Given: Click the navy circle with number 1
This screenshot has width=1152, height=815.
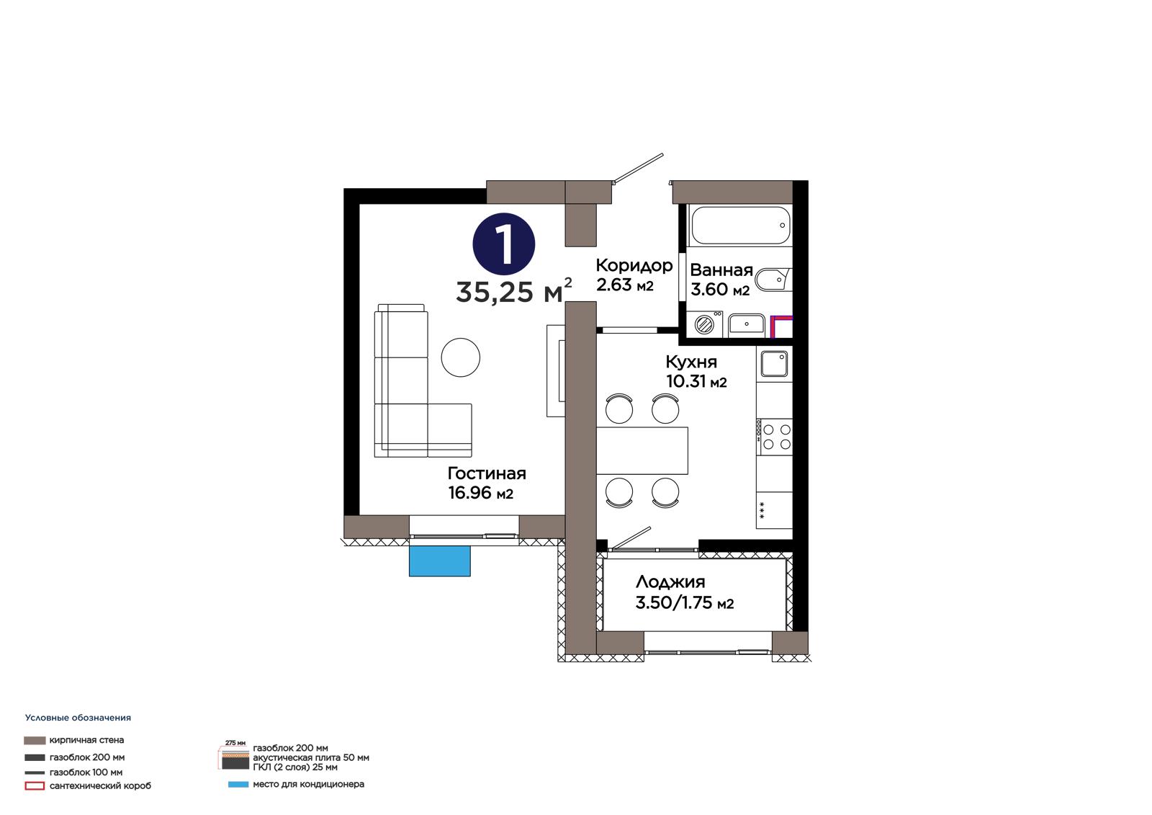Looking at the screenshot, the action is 503,244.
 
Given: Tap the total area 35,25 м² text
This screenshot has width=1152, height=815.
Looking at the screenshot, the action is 513,291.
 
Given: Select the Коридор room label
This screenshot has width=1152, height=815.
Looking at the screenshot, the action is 634,265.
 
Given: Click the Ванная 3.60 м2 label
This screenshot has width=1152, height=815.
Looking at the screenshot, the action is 721,280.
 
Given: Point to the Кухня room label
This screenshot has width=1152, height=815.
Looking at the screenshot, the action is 691,362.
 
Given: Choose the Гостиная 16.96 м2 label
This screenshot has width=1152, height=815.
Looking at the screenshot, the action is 487,483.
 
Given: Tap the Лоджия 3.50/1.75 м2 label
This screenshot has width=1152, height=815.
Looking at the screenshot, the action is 685,592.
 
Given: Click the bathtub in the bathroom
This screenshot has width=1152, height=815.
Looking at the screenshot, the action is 741,225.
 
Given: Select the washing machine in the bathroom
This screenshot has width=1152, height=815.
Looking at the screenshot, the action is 705,324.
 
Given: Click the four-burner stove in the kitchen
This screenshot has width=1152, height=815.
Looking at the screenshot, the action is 774,437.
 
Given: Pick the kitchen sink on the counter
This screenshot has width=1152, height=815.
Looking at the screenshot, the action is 774,364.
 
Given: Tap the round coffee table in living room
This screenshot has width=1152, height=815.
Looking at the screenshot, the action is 460,357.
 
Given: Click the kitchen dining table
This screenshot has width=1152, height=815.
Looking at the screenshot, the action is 642,450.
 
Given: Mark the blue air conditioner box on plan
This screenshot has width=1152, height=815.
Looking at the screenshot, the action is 440,561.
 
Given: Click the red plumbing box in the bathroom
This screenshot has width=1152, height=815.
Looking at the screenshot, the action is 781,326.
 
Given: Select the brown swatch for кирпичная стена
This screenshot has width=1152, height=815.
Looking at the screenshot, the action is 35,740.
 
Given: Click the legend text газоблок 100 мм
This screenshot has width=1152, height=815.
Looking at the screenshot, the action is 86,772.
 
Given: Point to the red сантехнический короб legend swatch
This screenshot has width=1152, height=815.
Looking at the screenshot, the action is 35,786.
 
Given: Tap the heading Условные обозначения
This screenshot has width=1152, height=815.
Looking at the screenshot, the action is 78,718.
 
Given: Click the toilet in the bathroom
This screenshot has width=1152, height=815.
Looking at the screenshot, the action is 773,280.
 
